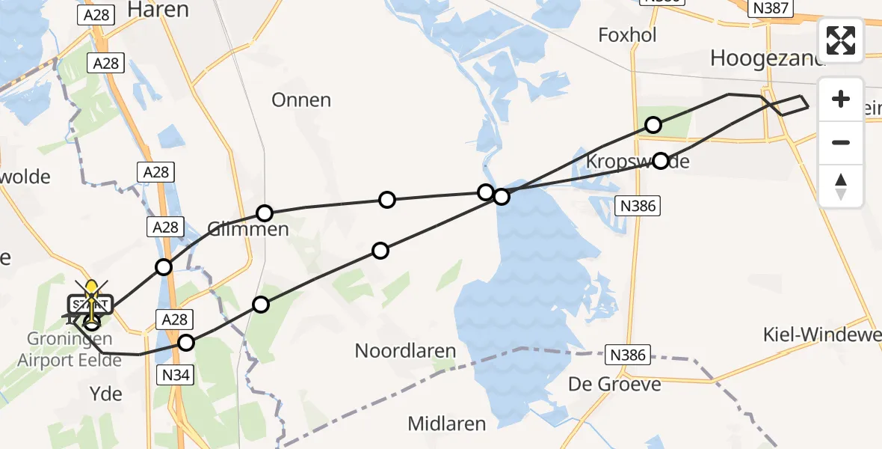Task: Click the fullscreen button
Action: pyautogui.click(x=841, y=40)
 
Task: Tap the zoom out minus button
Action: pyautogui.click(x=841, y=142)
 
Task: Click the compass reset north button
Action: pyautogui.click(x=841, y=186)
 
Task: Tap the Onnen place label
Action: pyautogui.click(x=301, y=100)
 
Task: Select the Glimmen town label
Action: pyautogui.click(x=248, y=229)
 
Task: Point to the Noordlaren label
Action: pyautogui.click(x=405, y=350)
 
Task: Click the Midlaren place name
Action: pyautogui.click(x=446, y=424)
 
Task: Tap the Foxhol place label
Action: pyautogui.click(x=627, y=35)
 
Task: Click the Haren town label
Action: pyautogui.click(x=158, y=10)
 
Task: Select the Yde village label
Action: pyautogui.click(x=105, y=394)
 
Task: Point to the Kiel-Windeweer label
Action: pyautogui.click(x=821, y=335)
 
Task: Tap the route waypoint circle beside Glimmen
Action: pyautogui.click(x=265, y=213)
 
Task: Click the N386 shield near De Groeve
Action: pyautogui.click(x=627, y=355)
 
